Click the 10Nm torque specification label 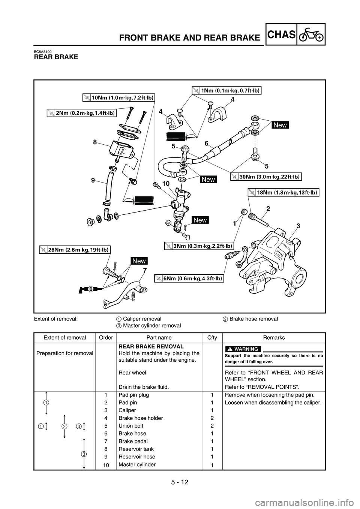pyautogui.click(x=118, y=98)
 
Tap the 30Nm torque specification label pyautogui.click(x=265, y=177)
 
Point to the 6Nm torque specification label pyautogui.click(x=189, y=278)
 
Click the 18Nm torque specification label pyautogui.click(x=284, y=193)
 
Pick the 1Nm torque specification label pyautogui.click(x=226, y=90)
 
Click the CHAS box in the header pyautogui.click(x=282, y=34)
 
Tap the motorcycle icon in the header pyautogui.click(x=311, y=34)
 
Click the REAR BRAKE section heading pyautogui.click(x=56, y=57)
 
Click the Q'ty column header pyautogui.click(x=212, y=337)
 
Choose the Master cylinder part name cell pyautogui.click(x=137, y=465)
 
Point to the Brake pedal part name pyautogui.click(x=133, y=441)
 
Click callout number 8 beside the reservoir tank pyautogui.click(x=95, y=142)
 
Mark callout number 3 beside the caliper pyautogui.click(x=298, y=226)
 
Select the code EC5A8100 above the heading pyautogui.click(x=43, y=51)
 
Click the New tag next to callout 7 pyautogui.click(x=139, y=261)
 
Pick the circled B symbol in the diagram pyautogui.click(x=91, y=289)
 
